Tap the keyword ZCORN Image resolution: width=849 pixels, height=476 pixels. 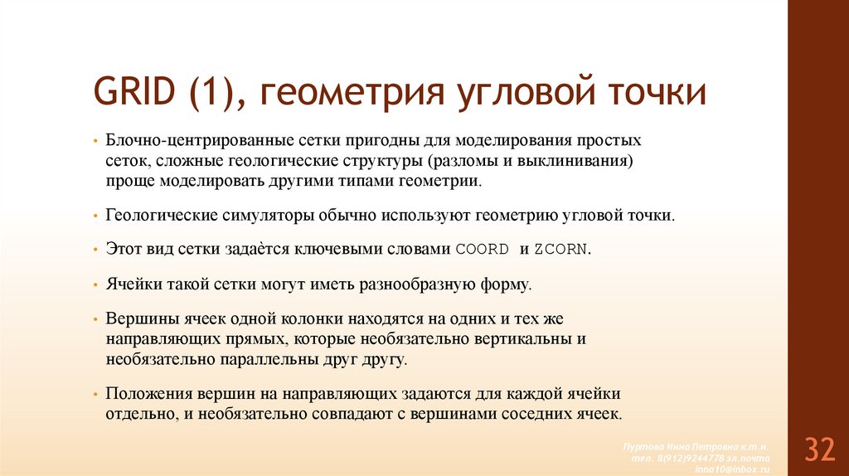[x=563, y=250]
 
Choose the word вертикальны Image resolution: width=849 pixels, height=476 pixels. [x=528, y=339]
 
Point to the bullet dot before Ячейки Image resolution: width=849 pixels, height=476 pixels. [x=96, y=284]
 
